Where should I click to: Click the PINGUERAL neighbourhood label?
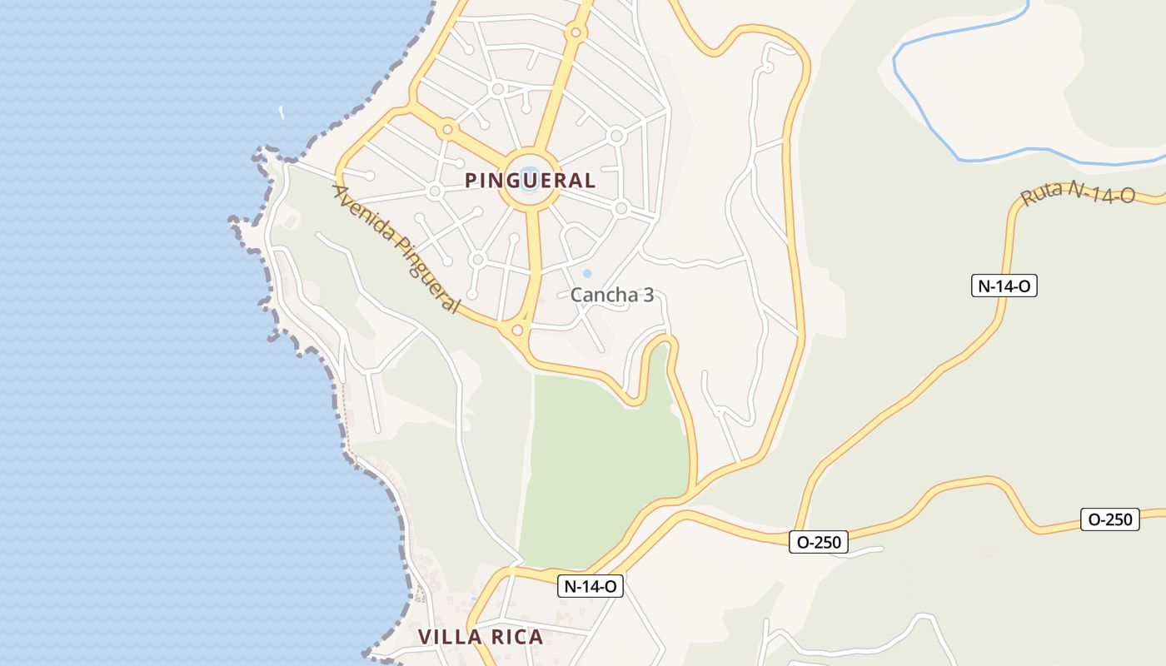pos(530,181)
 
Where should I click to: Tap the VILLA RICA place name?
pos(480,638)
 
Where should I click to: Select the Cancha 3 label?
pos(611,295)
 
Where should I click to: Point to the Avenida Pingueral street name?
pos(396,249)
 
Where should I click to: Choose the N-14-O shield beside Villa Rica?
pos(590,586)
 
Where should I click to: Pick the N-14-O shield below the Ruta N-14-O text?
pos(1004,286)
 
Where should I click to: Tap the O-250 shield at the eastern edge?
pos(1109,519)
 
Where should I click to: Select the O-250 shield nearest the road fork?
pos(819,542)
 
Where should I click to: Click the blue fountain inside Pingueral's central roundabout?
pos(530,179)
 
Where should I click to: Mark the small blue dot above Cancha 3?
pos(587,273)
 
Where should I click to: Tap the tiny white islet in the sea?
pos(281,112)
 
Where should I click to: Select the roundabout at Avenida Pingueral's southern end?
pos(517,331)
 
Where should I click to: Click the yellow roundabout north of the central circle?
pos(575,33)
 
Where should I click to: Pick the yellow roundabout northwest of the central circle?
pos(448,129)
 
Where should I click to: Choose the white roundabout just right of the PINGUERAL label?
pos(620,208)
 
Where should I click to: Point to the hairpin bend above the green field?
pos(661,343)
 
